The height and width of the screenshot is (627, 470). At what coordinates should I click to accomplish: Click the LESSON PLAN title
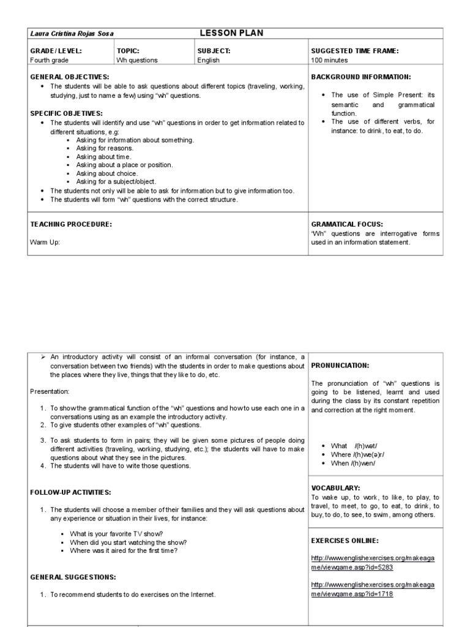231,33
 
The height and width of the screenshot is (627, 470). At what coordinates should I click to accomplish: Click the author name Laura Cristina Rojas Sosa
72,34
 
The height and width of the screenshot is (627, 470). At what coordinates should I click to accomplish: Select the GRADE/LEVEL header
56,51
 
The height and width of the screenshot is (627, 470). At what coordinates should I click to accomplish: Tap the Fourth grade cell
50,60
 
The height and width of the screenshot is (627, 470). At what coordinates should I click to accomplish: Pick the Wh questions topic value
137,60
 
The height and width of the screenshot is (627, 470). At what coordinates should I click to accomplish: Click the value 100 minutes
329,60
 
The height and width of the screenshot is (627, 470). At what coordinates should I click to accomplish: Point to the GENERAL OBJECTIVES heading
70,77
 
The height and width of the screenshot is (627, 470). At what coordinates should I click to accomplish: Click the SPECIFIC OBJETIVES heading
67,113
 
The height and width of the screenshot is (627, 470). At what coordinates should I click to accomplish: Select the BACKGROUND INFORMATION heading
361,77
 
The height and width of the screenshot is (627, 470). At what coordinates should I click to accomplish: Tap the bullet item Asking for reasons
105,148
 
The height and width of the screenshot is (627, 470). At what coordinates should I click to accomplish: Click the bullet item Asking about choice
107,173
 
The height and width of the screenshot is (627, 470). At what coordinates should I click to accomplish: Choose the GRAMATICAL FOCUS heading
347,225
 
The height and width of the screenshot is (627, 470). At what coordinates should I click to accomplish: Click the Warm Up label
45,242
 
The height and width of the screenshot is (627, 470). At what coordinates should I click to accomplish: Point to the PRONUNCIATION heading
340,366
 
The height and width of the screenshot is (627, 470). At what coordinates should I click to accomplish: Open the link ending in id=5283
373,563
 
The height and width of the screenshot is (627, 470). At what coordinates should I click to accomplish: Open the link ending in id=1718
373,589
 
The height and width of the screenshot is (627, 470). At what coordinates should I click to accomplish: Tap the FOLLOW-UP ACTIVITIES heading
70,492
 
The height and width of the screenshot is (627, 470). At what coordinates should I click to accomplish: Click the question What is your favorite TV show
116,534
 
